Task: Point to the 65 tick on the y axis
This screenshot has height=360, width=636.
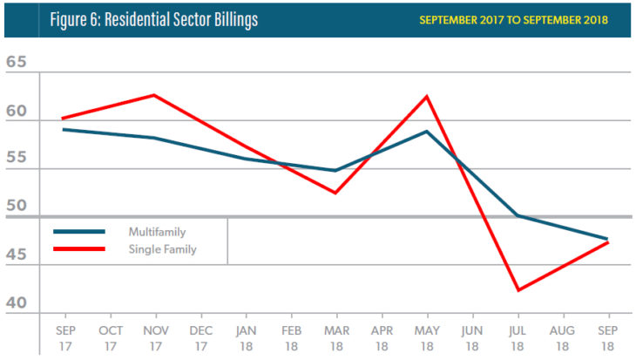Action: click(17, 64)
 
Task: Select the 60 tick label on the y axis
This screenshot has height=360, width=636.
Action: click(17, 113)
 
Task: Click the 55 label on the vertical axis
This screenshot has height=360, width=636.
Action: click(17, 162)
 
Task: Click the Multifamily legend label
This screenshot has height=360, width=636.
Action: click(158, 232)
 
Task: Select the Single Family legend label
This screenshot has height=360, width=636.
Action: click(163, 249)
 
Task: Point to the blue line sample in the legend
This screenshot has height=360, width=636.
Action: click(79, 232)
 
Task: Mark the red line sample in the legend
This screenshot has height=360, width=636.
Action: click(79, 249)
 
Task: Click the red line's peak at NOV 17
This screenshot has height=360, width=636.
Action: click(155, 95)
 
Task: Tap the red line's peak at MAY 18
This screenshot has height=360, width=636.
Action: click(427, 96)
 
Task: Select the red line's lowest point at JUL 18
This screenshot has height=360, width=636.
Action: click(518, 290)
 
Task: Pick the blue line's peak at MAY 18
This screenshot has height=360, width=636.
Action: click(427, 131)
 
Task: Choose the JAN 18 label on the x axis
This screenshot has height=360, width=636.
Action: click(246, 338)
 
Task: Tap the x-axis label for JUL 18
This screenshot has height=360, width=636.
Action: click(518, 338)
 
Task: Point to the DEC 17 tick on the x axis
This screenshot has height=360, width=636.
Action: click(200, 338)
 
